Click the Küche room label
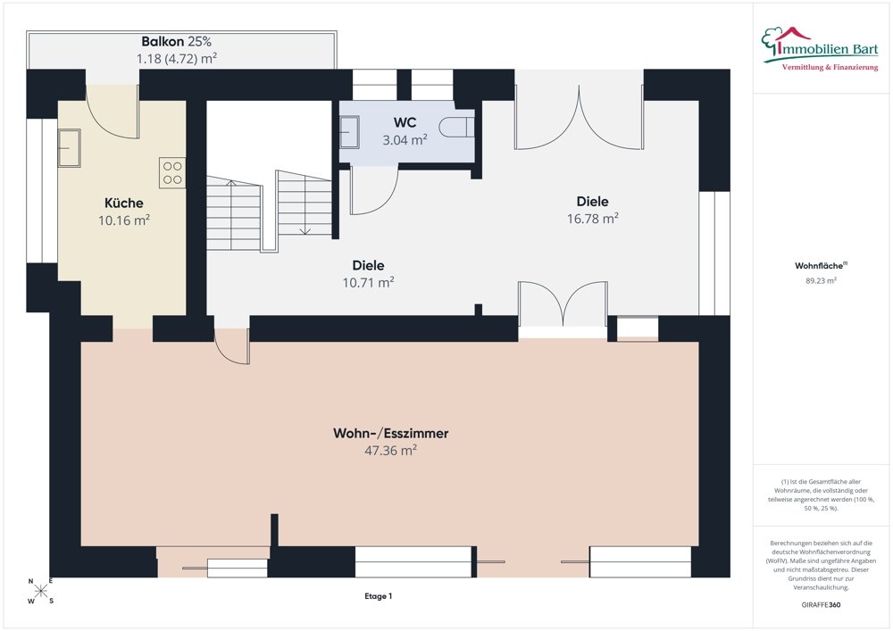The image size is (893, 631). [123, 203]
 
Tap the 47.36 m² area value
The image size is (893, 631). [391, 450]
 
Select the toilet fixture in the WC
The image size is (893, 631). [456, 127]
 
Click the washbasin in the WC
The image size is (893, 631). [349, 132]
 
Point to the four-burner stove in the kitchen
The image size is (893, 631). [172, 173]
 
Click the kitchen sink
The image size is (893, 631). [69, 148]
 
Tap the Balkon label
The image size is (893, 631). [163, 42]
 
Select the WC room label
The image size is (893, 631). [405, 122]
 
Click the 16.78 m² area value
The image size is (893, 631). [592, 219]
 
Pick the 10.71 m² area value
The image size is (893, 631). [368, 282]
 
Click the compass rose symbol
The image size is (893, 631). [40, 591]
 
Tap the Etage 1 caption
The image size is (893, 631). [378, 596]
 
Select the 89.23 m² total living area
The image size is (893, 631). [821, 280]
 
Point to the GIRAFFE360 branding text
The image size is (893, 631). [821, 605]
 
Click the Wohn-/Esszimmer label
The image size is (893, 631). [391, 433]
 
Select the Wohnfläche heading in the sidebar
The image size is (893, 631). [819, 266]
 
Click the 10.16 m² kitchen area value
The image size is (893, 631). [123, 220]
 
